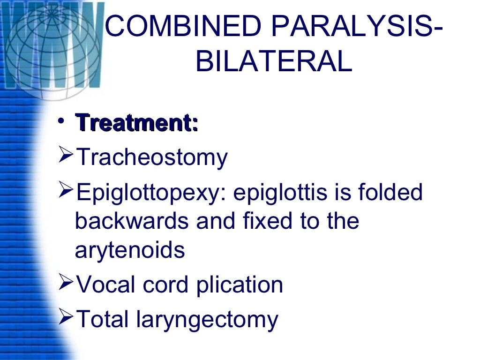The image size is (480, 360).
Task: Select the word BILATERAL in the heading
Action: tap(273, 62)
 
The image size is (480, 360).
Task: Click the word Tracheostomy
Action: tap(151, 158)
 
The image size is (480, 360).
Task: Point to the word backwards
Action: tap(132, 221)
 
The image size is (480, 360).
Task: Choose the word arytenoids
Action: tap(130, 250)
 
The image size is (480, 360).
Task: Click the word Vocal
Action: tap(107, 285)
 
